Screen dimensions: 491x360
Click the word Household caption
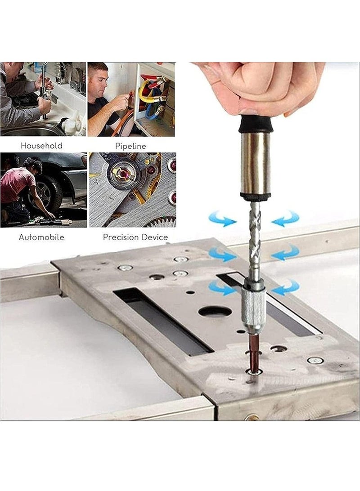coord(41,146)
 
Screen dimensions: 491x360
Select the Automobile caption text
coord(41,237)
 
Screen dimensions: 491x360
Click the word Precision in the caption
coord(119,237)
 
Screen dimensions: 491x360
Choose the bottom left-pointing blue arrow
coord(285,288)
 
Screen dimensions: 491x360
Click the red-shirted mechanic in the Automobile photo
coord(18,184)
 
